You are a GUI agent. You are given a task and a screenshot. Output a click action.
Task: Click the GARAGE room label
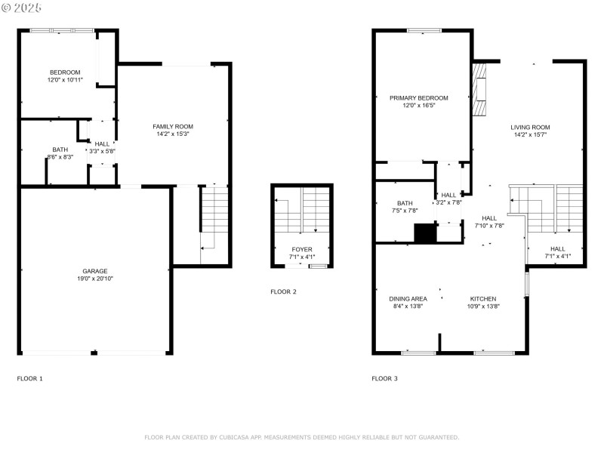click(x=95, y=271)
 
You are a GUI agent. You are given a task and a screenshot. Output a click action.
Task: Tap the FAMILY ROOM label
click(x=173, y=126)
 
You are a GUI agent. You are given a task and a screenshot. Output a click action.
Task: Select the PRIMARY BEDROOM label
click(x=419, y=98)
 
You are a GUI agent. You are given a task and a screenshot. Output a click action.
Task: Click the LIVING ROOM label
click(x=530, y=128)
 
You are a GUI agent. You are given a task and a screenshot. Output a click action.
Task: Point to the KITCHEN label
click(x=483, y=298)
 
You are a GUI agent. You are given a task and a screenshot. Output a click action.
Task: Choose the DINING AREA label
click(x=408, y=298)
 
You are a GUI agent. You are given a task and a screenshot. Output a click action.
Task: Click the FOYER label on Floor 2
click(x=302, y=249)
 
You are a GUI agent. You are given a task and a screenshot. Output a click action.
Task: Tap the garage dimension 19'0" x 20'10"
click(x=95, y=279)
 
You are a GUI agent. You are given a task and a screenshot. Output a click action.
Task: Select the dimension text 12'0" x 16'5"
click(x=419, y=106)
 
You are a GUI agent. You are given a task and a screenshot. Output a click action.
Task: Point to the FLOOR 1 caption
click(x=30, y=377)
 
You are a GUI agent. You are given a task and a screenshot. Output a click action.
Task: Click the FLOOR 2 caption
click(x=283, y=291)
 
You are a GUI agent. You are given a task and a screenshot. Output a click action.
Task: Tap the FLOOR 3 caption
click(x=384, y=377)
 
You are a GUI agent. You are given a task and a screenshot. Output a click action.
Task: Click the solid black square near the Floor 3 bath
click(x=426, y=233)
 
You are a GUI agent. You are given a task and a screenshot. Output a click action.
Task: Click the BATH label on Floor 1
click(x=60, y=149)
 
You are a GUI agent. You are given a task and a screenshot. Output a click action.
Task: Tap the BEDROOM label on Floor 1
click(x=64, y=72)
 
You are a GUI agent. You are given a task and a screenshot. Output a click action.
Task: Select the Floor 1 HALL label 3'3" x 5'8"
click(x=102, y=143)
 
